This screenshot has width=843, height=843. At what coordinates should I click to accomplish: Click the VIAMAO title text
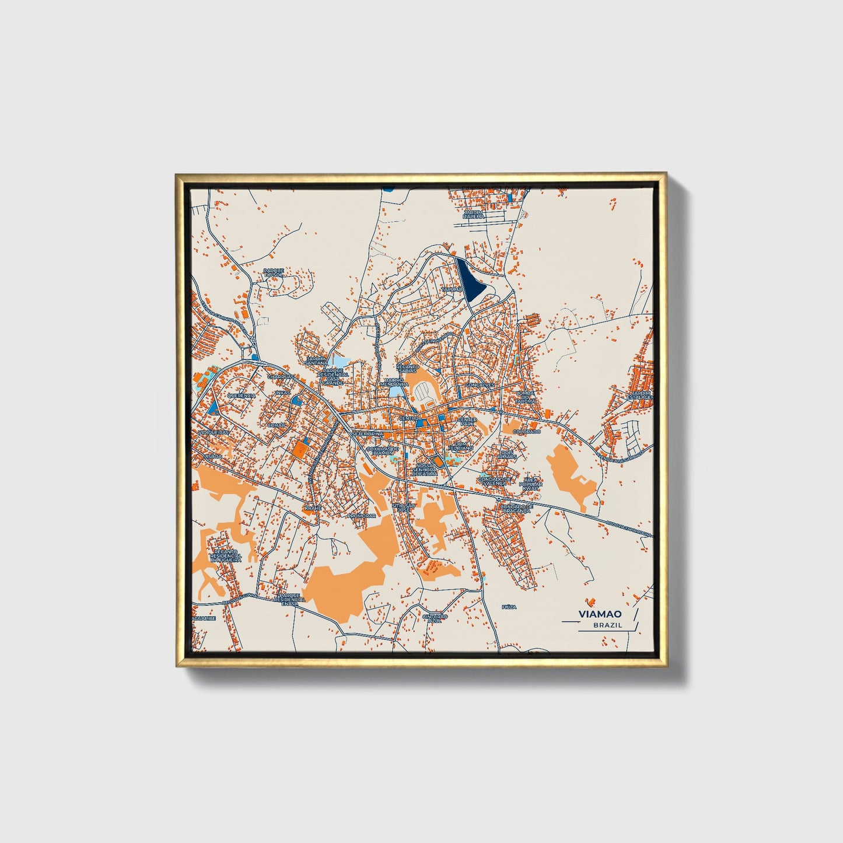point(600,614)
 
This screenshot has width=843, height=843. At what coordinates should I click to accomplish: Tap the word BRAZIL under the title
point(607,625)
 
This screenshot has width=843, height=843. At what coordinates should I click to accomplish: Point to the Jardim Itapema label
point(474,214)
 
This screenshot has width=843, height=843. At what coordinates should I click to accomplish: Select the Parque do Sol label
point(273,272)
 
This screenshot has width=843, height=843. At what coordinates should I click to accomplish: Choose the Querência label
point(241,395)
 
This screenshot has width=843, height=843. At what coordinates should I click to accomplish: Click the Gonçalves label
point(480,385)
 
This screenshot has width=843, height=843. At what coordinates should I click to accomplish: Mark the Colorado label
point(527,432)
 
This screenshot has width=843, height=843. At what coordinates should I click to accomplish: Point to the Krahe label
point(313,508)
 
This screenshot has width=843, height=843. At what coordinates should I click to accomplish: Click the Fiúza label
point(509,607)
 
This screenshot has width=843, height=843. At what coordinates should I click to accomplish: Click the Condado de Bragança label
point(516,509)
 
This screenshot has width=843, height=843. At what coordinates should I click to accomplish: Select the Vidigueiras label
point(214,433)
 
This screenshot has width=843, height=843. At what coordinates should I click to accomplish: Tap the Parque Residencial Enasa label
point(290,599)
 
